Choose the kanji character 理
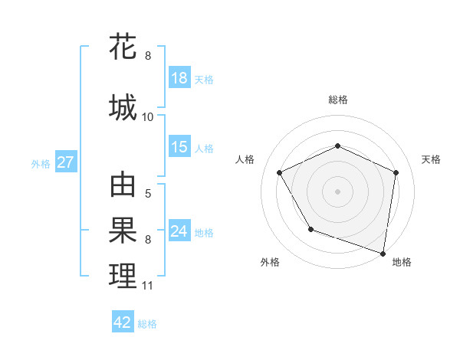click(123, 275)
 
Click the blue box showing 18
click(179, 78)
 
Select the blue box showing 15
click(179, 147)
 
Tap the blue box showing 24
click(179, 231)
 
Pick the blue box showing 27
click(66, 162)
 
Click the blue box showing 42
click(123, 322)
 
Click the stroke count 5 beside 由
click(148, 194)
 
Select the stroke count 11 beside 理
click(148, 286)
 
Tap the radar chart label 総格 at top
click(338, 100)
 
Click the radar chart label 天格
click(431, 159)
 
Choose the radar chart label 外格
click(270, 262)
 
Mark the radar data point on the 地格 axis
click(383, 253)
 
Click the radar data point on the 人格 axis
click(280, 173)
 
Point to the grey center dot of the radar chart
click(338, 191)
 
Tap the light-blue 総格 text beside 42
click(147, 324)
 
